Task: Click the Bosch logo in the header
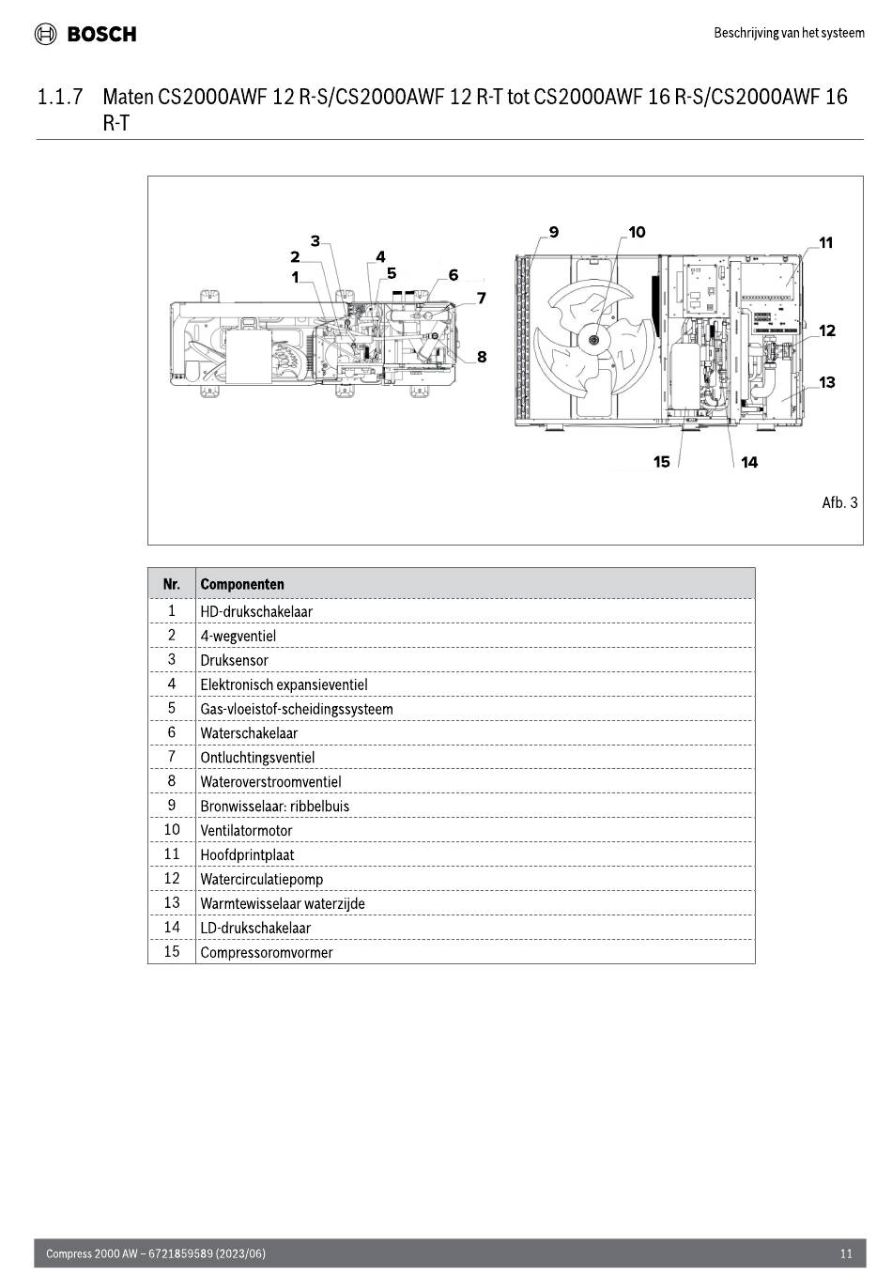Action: (85, 34)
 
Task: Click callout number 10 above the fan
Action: (637, 233)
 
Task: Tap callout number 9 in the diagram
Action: (554, 233)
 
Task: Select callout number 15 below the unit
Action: (661, 462)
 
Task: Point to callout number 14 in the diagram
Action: (749, 463)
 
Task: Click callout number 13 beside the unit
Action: (826, 382)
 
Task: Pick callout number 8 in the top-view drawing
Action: (482, 357)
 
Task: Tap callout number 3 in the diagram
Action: (315, 241)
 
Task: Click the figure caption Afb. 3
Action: (839, 502)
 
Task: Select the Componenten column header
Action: (242, 584)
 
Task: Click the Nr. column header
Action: (172, 584)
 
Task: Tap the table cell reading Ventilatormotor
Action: (246, 831)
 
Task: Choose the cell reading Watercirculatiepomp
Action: (261, 879)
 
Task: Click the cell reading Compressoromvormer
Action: (266, 952)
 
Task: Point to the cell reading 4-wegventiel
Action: (238, 636)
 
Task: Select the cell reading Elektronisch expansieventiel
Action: (284, 684)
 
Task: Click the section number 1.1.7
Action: (60, 97)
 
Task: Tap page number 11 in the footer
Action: (846, 1253)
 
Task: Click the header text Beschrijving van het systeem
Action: (789, 33)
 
